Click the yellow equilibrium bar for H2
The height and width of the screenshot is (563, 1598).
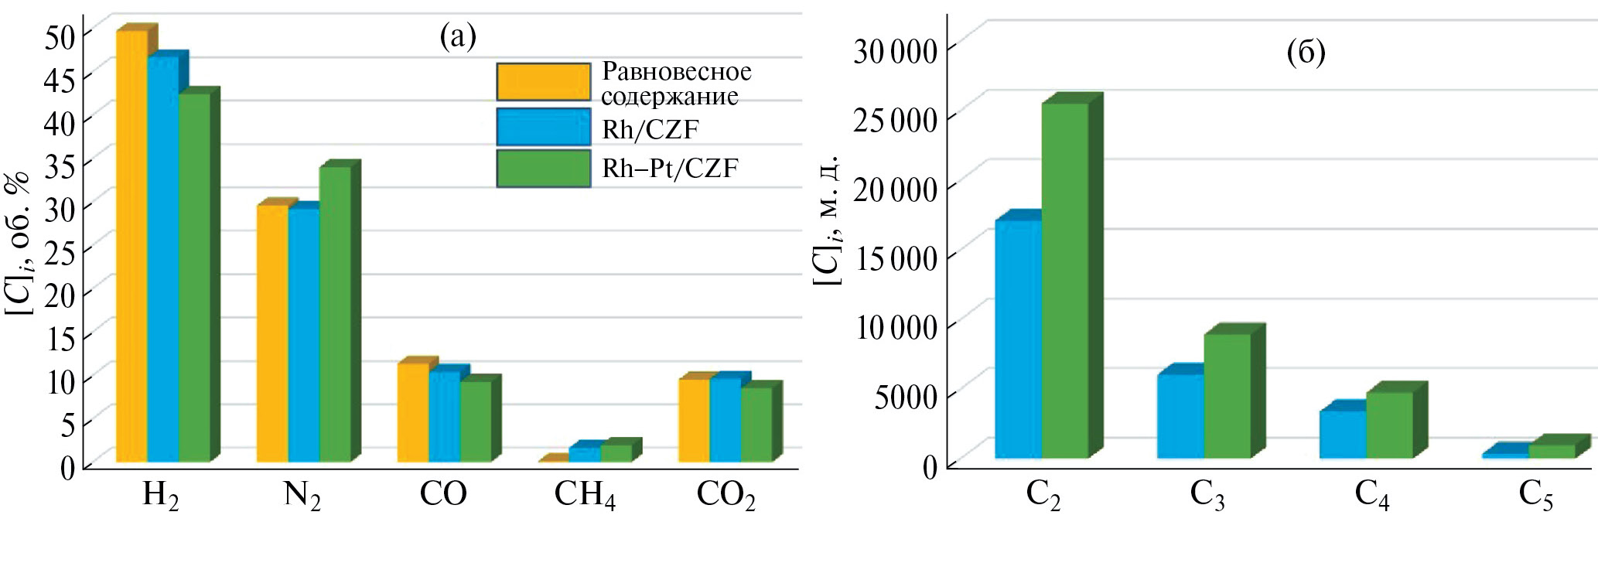pyautogui.click(x=131, y=247)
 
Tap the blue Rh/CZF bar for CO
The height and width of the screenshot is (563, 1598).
pyautogui.click(x=444, y=418)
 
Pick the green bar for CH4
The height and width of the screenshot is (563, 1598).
pyautogui.click(x=616, y=453)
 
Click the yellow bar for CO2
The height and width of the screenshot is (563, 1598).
pyautogui.click(x=694, y=421)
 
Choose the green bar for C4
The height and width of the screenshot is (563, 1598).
pyautogui.click(x=1389, y=425)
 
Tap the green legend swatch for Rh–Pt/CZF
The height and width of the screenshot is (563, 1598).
pyautogui.click(x=543, y=169)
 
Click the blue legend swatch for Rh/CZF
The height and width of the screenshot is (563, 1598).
pyautogui.click(x=543, y=127)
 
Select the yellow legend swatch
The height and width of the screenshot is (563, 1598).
pyautogui.click(x=543, y=82)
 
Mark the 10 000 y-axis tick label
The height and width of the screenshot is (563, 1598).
pyautogui.click(x=895, y=327)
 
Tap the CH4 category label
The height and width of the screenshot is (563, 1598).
pyautogui.click(x=585, y=496)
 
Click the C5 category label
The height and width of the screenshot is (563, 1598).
pyautogui.click(x=1535, y=496)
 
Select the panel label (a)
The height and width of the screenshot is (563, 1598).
pyautogui.click(x=458, y=35)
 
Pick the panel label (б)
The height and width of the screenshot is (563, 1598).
pyautogui.click(x=1306, y=51)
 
